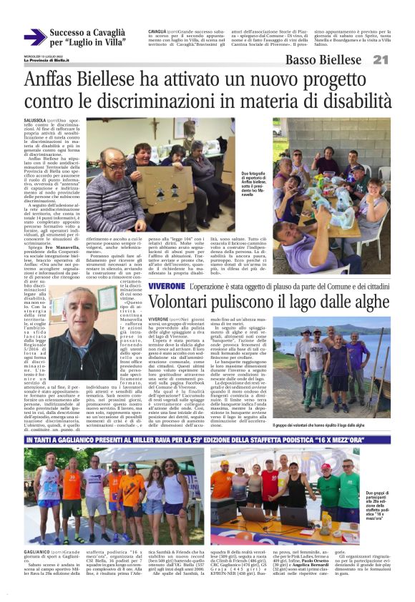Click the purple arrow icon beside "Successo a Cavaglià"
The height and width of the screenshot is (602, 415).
click(x=34, y=37)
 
